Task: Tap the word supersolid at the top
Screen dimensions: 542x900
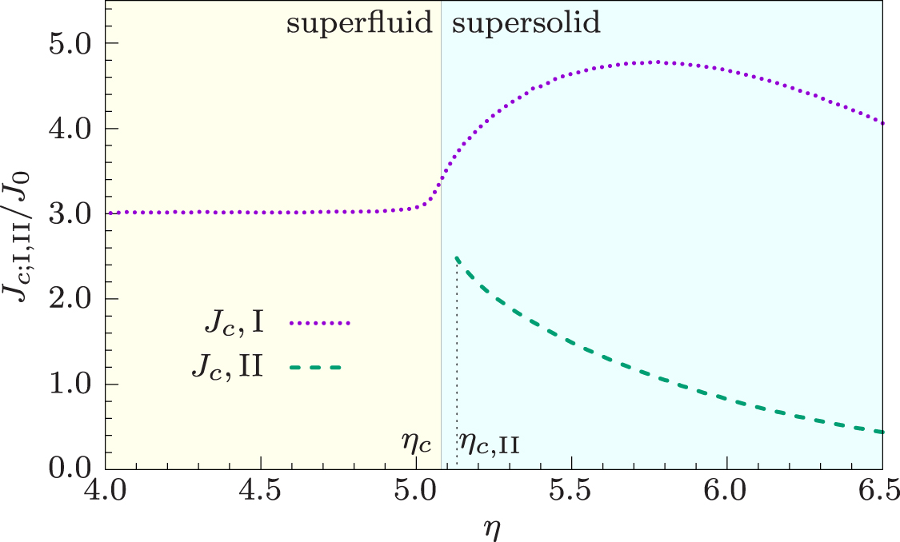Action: click(526, 24)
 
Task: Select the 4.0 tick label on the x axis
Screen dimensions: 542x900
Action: click(106, 488)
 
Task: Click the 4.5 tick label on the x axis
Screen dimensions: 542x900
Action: click(262, 488)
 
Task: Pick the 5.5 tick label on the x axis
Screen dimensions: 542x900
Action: click(571, 488)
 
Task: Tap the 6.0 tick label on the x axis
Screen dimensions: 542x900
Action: click(726, 488)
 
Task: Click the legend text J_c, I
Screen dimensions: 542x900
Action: click(234, 325)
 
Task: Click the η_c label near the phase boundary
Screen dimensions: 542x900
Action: click(418, 442)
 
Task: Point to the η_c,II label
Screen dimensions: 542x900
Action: click(489, 442)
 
